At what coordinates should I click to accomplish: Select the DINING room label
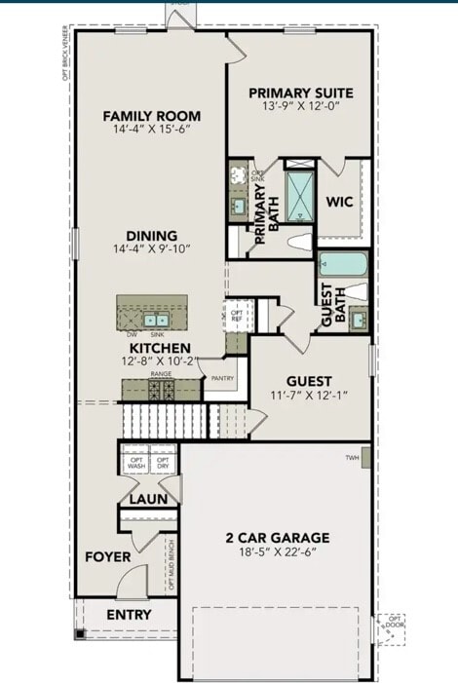[150, 235]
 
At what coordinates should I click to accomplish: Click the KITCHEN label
[161, 347]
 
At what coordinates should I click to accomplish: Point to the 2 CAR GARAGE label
[278, 537]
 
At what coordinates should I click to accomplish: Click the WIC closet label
[339, 202]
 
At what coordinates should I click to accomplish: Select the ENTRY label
[129, 614]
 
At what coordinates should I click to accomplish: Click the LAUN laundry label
[149, 498]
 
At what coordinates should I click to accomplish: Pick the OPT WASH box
[134, 464]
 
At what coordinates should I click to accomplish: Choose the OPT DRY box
[163, 464]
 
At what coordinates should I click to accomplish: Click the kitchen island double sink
[156, 319]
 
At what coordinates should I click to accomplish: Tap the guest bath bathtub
[342, 265]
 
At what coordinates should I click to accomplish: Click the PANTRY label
[222, 378]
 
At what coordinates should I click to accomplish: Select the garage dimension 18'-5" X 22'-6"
[278, 552]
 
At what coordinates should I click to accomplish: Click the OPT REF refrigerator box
[237, 316]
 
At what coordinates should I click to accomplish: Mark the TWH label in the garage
[352, 457]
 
